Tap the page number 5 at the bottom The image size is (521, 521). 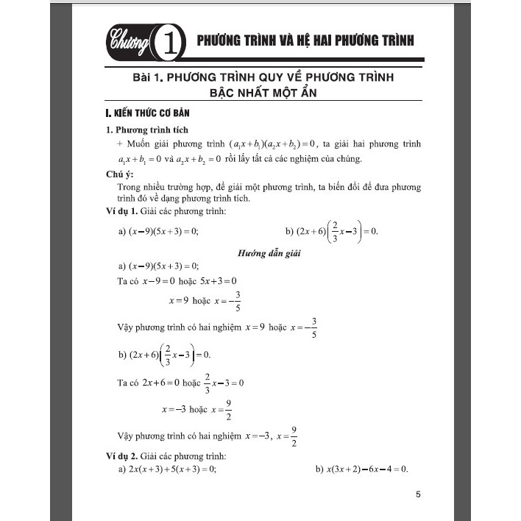click(418, 495)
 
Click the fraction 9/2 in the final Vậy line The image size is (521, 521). click(294, 436)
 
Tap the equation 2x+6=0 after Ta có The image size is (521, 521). click(161, 383)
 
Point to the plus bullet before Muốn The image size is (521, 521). click(121, 145)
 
